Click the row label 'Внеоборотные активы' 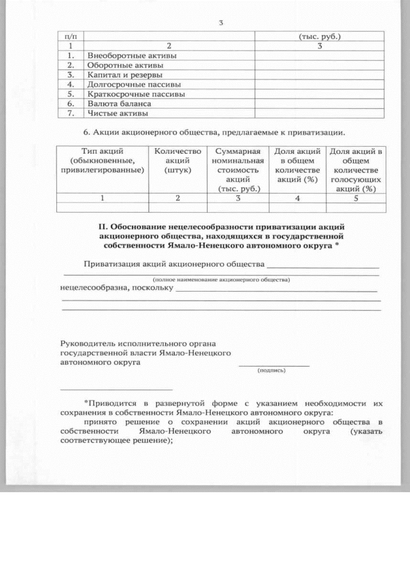tap(131, 56)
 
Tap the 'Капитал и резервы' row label tap(124, 75)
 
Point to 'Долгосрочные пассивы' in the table tap(133, 85)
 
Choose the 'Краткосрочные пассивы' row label tap(136, 94)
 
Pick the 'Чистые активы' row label tap(117, 113)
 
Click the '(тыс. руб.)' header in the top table tap(319, 37)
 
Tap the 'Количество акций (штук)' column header tap(178, 161)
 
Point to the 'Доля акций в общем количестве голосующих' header tap(356, 170)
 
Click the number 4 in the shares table tap(297, 198)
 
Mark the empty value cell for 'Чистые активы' tap(319, 113)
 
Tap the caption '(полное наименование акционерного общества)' tap(221, 280)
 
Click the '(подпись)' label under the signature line tap(272, 370)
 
